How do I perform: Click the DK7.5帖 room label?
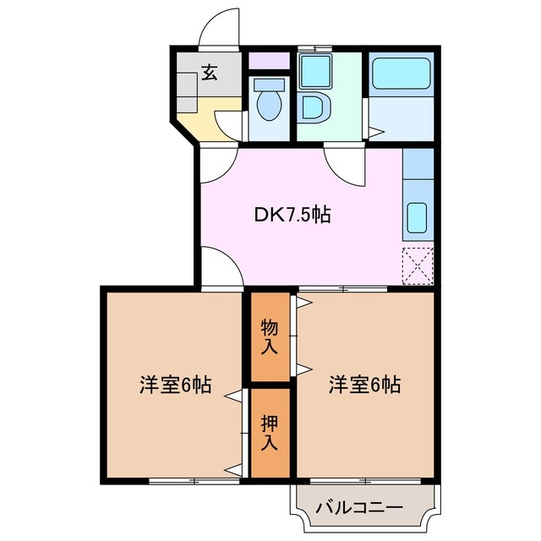tap(292, 216)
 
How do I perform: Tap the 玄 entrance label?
tap(208, 74)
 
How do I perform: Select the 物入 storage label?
tap(270, 336)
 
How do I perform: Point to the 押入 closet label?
tap(268, 432)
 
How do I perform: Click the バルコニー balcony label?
tap(359, 508)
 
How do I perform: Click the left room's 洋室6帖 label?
tap(175, 385)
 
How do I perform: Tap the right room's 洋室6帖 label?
tap(364, 385)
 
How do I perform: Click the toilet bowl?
tap(270, 107)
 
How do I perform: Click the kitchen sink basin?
tap(418, 218)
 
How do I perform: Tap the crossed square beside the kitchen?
tap(417, 265)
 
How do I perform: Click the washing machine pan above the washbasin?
tap(314, 72)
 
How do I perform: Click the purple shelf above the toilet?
tap(270, 62)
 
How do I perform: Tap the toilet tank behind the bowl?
tap(270, 85)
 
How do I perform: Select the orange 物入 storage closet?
tap(270, 336)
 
